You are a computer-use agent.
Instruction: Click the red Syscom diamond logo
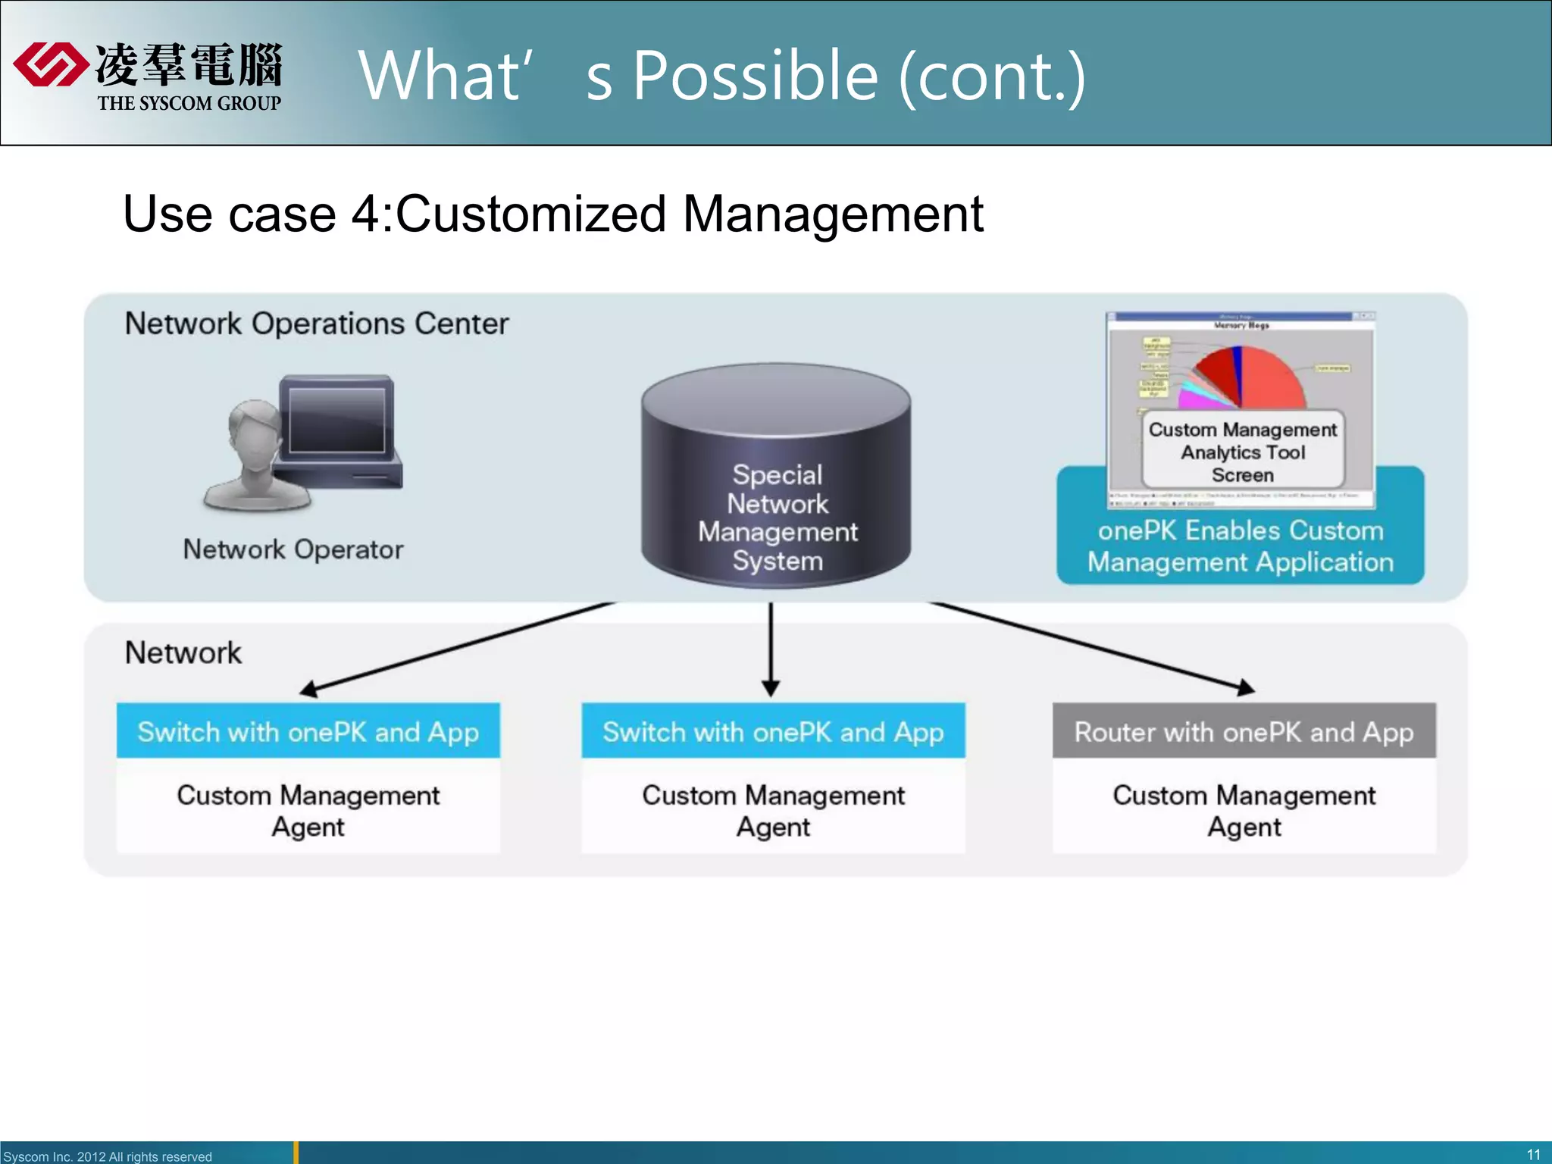[50, 64]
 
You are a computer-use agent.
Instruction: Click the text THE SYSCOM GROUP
[189, 103]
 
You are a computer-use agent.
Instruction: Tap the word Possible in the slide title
[755, 76]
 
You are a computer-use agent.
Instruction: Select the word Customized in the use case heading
[530, 214]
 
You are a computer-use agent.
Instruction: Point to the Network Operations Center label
[316, 324]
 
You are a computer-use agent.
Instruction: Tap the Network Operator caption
[293, 549]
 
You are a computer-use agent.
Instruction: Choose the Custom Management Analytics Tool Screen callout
[1242, 452]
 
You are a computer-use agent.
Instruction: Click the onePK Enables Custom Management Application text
[1241, 546]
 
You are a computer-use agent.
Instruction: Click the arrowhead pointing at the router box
[1244, 688]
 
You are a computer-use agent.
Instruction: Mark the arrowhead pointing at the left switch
[308, 689]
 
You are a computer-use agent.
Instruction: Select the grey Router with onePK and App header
[1244, 731]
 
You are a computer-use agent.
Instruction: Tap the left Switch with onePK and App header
[308, 731]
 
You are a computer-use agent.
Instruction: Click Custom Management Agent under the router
[1244, 810]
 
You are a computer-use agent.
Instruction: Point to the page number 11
[1533, 1155]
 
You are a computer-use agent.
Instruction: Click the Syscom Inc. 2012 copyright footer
[108, 1156]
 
